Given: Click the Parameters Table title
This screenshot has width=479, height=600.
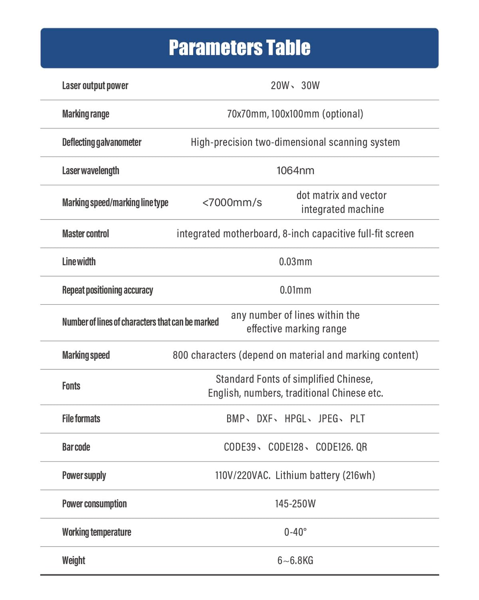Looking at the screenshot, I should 239,48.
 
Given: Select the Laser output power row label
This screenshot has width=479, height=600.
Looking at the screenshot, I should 95,86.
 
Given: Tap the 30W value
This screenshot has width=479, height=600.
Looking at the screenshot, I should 310,86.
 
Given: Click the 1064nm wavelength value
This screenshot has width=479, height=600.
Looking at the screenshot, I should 295,171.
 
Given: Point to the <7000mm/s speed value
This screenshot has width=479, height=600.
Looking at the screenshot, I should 232,202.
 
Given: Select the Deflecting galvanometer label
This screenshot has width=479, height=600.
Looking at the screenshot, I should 102,142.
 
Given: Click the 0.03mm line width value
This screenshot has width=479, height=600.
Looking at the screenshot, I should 295,262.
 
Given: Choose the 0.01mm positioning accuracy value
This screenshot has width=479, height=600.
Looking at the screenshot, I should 295,290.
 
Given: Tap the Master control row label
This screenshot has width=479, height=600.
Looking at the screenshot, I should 86,234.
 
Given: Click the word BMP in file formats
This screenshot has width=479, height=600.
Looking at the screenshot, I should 236,419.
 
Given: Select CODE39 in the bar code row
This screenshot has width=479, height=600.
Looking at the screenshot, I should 240,447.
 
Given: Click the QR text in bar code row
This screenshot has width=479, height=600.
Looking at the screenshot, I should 361,447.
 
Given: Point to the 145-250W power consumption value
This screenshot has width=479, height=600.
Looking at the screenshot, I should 295,504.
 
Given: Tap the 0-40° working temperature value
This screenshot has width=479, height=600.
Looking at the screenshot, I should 295,532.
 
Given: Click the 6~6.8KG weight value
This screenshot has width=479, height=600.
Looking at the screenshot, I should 295,561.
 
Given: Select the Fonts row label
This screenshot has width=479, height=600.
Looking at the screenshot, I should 71,386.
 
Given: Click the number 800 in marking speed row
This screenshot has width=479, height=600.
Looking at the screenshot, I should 180,355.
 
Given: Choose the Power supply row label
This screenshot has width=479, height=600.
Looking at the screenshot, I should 84,476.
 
